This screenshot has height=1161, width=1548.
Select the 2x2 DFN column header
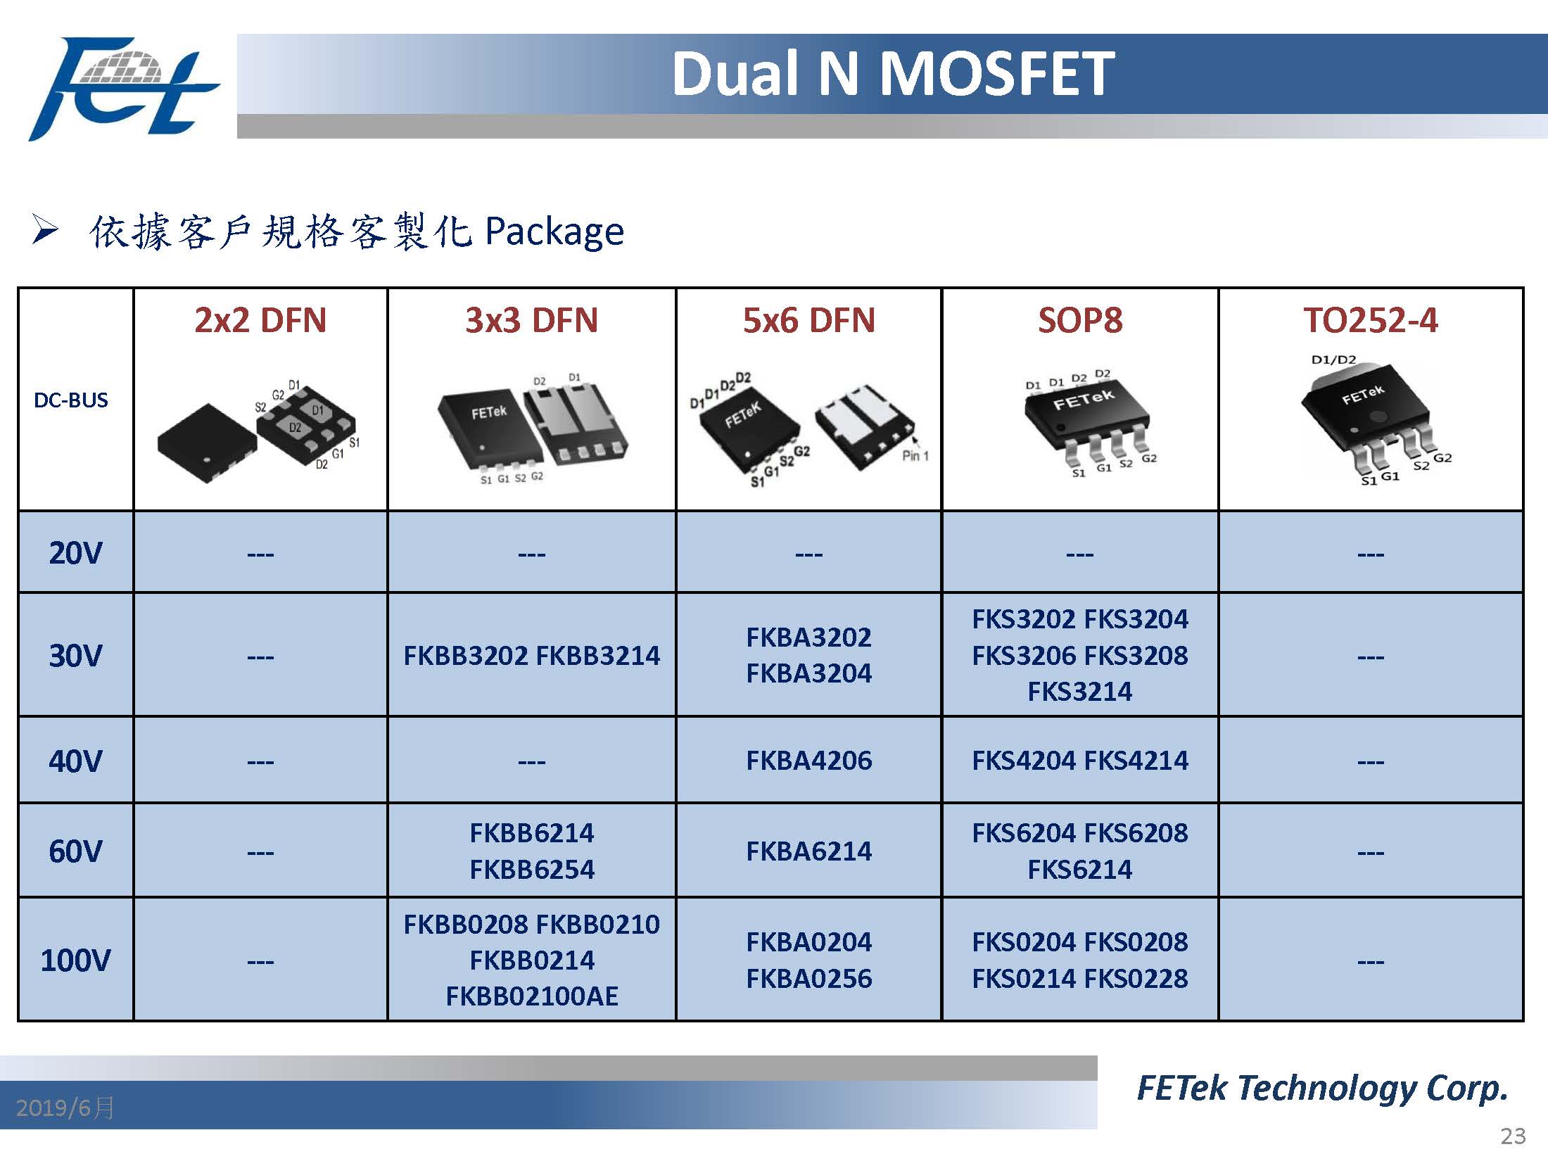coord(260,320)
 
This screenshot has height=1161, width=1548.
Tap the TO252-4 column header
coord(1371,320)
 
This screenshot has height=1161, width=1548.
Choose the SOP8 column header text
coord(1080,320)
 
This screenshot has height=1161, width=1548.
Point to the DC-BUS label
coord(71,400)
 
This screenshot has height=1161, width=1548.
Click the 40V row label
coord(75,761)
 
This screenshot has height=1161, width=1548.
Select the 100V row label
coord(75,960)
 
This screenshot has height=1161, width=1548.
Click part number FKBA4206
coord(809,760)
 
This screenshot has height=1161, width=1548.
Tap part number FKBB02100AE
coord(532,996)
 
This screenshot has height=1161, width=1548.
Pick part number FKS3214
coord(1080,691)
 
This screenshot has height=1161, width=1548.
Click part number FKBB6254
coord(532,870)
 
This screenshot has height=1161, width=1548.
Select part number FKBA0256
coord(809,978)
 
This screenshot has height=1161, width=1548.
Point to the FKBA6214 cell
coord(809,851)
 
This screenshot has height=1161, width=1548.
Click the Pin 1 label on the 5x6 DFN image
coord(915,456)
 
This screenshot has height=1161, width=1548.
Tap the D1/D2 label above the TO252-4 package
coord(1333,360)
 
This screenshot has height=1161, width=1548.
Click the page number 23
coord(1513,1136)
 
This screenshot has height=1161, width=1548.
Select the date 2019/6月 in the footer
coord(65,1108)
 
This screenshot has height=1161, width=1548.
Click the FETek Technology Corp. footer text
coord(1323,1088)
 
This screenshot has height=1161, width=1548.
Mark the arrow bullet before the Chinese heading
coord(44,230)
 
